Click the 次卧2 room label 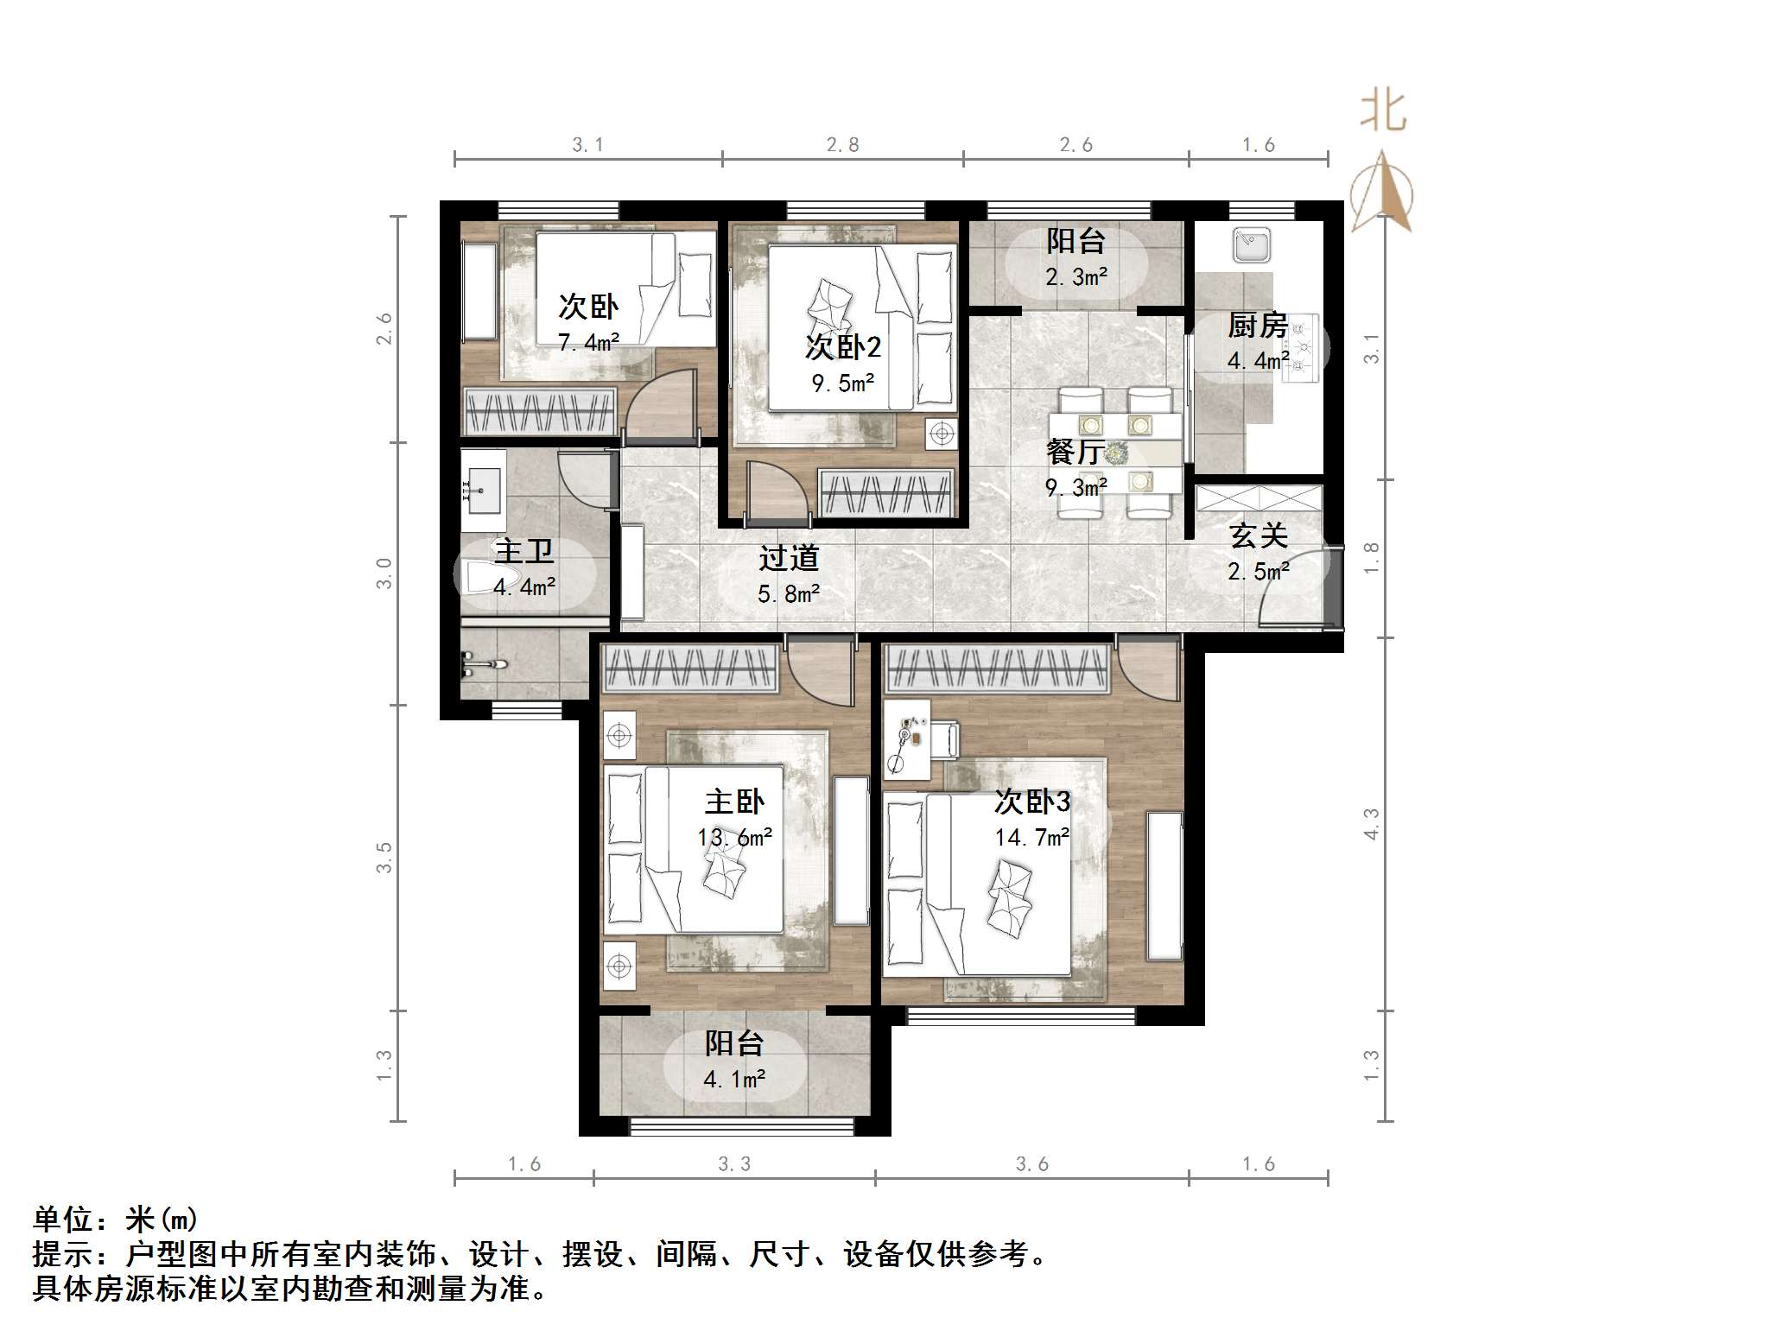coord(842,347)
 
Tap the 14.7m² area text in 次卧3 coord(1031,837)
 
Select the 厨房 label coord(1257,326)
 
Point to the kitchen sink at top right coord(1251,244)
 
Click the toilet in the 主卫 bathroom coord(490,577)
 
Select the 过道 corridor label coord(788,558)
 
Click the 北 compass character coord(1383,113)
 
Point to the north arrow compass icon coord(1382,194)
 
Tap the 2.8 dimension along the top coord(842,145)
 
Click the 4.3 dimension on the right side coord(1371,823)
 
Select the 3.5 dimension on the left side coord(384,857)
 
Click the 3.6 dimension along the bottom coord(1031,1164)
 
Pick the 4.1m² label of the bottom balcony coord(734,1080)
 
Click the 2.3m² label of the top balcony coord(1076,277)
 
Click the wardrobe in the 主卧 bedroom coord(690,668)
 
